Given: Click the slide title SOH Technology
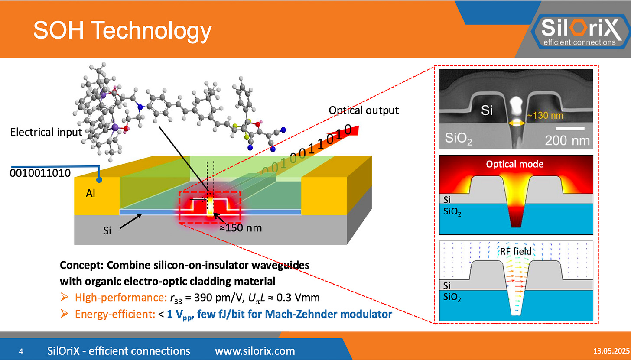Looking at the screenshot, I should (122, 31).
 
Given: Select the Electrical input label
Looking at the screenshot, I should (46, 132).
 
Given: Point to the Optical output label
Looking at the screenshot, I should (363, 110).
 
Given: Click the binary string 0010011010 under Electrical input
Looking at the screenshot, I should (40, 173).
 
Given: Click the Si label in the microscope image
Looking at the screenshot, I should (487, 111).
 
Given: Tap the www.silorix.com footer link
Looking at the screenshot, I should (255, 350).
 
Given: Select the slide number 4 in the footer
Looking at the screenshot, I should (21, 351).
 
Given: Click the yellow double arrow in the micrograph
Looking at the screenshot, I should (517, 123).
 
